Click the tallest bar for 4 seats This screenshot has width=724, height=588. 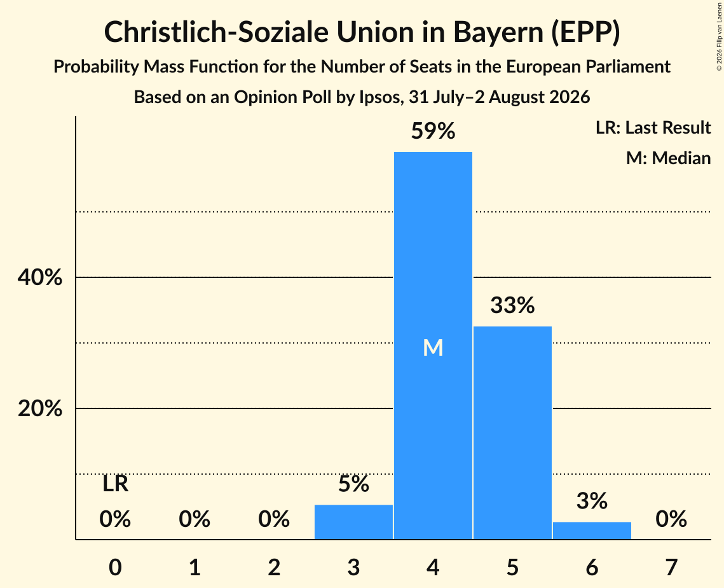pos(433,346)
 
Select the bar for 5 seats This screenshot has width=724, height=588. pos(512,433)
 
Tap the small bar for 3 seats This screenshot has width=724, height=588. pos(353,522)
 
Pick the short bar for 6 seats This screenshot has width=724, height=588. pos(592,530)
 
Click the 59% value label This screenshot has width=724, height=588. pos(433,131)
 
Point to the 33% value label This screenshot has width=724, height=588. pos(512,305)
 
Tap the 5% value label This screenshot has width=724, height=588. pos(353,484)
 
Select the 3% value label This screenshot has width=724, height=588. pos(592,501)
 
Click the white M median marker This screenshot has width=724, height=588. pos(433,347)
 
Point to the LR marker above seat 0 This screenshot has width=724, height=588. pos(116,484)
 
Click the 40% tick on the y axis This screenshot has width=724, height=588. pos(39,277)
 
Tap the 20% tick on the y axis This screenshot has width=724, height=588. pos(39,409)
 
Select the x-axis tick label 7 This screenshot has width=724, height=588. pos(671,567)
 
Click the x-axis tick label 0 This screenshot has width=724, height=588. pos(116,567)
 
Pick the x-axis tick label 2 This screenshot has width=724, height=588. pos(274,567)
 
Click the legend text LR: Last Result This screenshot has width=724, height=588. pos(653,127)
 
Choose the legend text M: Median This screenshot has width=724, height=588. pos(668,158)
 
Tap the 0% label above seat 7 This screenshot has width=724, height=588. pos(671,519)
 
